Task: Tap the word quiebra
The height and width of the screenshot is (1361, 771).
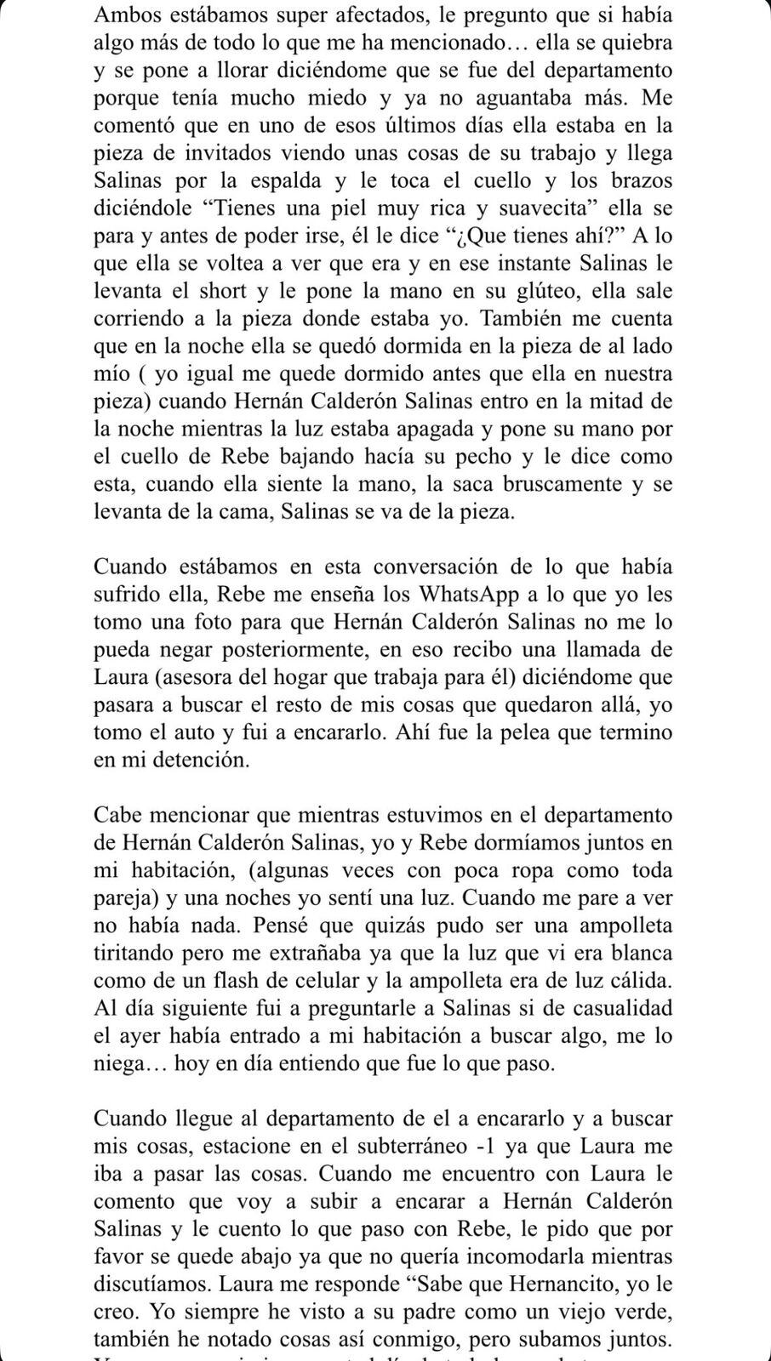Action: coord(632,43)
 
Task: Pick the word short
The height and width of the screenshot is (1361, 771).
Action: coord(255,291)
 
